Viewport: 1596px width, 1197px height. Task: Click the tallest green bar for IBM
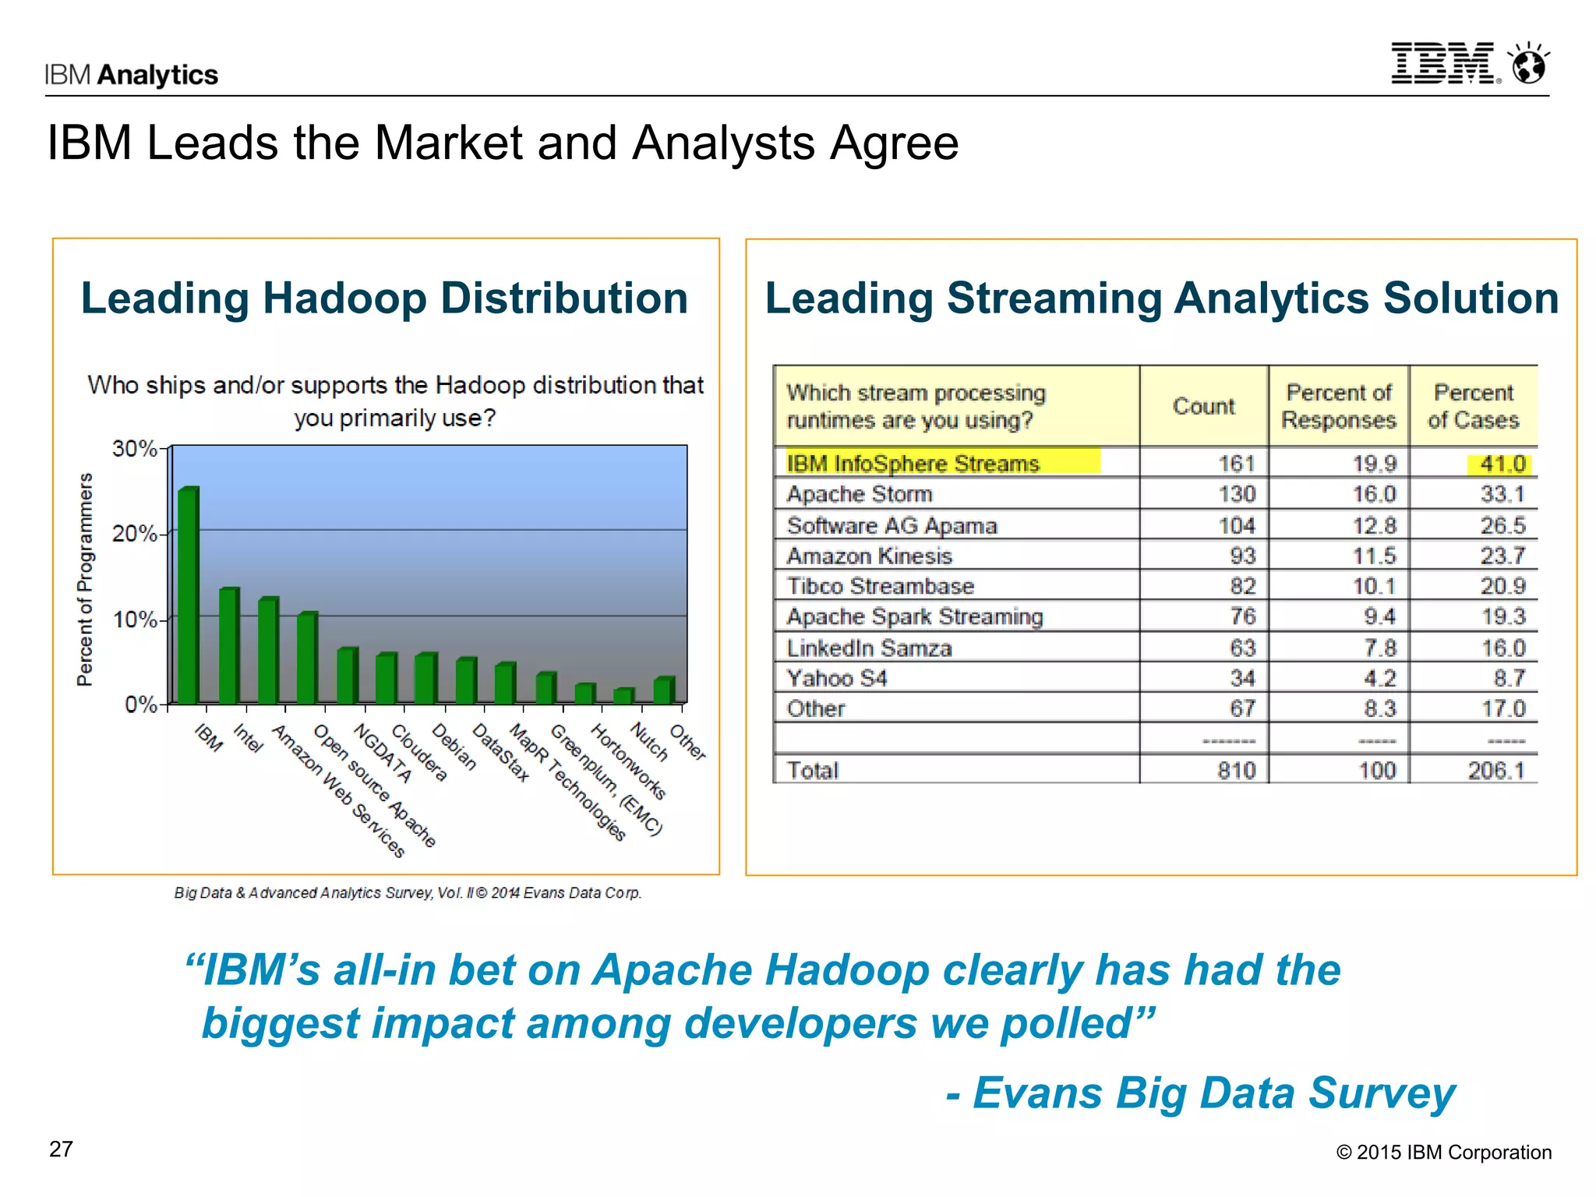188,596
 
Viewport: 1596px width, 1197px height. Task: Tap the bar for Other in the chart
663,690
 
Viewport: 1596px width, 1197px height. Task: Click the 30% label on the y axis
135,449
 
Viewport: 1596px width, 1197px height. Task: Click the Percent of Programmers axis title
85,580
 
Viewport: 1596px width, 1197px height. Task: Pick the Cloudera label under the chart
418,753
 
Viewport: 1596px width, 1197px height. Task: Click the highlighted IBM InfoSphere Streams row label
913,464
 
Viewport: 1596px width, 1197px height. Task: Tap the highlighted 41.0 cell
1502,464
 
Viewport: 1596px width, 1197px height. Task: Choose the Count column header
1203,406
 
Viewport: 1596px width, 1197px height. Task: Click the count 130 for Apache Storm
1237,494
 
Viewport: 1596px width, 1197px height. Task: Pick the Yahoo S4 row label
836,679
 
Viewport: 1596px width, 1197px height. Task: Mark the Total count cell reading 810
1237,771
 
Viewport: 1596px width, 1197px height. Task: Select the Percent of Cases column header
1473,406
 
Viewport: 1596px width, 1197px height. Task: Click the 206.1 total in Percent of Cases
1495,771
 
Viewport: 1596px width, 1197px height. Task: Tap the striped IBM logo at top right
1443,64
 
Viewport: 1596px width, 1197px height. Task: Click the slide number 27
61,1149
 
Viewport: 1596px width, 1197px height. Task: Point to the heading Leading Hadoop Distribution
384,298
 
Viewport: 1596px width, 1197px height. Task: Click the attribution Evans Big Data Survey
1201,1093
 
